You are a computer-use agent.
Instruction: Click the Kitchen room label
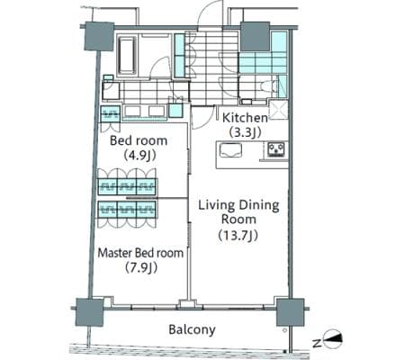tap(245, 118)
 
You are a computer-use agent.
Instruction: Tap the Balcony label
tap(192, 329)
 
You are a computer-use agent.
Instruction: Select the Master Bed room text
tap(140, 253)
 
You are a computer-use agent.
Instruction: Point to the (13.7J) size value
tap(238, 236)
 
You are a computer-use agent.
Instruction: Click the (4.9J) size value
tap(139, 155)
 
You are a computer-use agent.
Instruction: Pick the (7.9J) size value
tap(141, 267)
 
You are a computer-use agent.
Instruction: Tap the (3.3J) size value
tap(245, 132)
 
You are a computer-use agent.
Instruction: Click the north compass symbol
tap(333, 339)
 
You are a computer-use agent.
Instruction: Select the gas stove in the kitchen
tap(276, 149)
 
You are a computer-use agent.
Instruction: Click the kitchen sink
tap(230, 150)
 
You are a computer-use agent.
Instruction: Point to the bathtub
tap(127, 56)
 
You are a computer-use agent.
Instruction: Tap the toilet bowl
tap(269, 86)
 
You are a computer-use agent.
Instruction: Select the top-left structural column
tap(99, 36)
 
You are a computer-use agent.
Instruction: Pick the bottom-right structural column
tap(290, 312)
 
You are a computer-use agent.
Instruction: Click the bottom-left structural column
tap(89, 312)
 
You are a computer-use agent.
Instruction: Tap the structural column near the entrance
tap(256, 36)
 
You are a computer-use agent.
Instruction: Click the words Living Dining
tap(238, 205)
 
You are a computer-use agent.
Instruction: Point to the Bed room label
tap(139, 140)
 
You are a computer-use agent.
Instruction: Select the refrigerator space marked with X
tap(278, 110)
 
